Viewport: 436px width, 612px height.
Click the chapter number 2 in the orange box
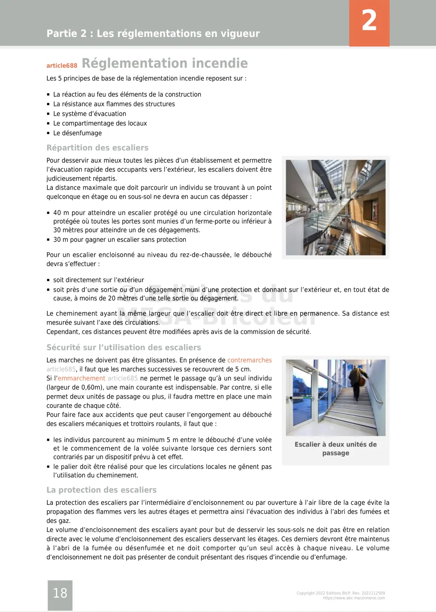click(x=369, y=21)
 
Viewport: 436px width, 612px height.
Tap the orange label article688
click(x=62, y=66)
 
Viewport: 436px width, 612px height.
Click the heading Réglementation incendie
click(x=164, y=63)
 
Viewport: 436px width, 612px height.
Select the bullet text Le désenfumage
click(x=77, y=133)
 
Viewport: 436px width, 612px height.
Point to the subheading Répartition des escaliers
click(x=98, y=148)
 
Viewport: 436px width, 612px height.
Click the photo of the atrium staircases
click(x=336, y=207)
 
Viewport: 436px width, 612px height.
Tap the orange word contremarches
click(x=250, y=360)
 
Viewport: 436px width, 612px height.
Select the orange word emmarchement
click(x=81, y=379)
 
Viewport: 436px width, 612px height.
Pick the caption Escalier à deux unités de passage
click(x=336, y=448)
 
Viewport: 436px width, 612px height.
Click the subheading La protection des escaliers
click(x=101, y=490)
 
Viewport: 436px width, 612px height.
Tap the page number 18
click(x=60, y=593)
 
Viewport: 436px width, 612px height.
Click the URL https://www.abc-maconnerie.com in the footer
click(x=354, y=598)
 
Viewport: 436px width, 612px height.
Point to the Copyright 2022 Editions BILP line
click(x=341, y=593)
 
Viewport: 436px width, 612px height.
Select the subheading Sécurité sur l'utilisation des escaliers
click(x=123, y=348)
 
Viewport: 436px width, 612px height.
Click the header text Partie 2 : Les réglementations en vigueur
click(x=153, y=34)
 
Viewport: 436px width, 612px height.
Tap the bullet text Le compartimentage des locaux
click(x=100, y=124)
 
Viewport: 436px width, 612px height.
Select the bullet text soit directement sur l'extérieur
click(x=98, y=280)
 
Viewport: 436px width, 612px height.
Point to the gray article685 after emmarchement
click(x=123, y=379)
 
